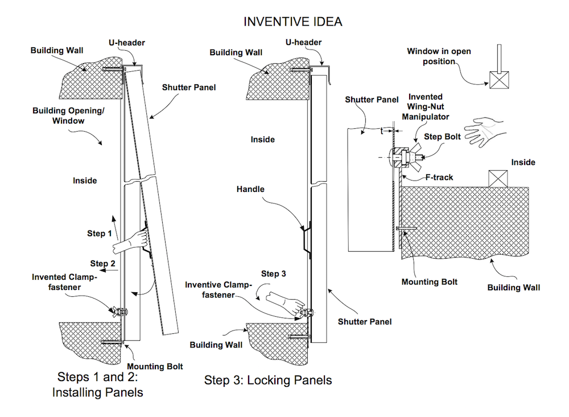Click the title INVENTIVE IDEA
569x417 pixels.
coord(293,22)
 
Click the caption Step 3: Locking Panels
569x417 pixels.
coord(268,380)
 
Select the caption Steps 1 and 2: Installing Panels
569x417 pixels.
coord(97,385)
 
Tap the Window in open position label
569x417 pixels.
coord(439,56)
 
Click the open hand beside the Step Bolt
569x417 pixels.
coord(484,129)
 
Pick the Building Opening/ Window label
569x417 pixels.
coord(68,116)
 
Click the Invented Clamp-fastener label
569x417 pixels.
coord(64,281)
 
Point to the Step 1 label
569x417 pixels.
coord(99,234)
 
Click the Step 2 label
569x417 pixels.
coord(102,263)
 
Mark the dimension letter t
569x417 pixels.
coord(382,130)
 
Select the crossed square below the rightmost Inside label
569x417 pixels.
coord(499,178)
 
